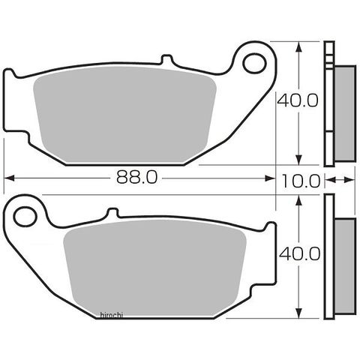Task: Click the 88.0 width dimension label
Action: pos(137,177)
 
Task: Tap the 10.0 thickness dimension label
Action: pos(301,181)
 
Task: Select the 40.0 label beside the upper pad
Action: pos(298,100)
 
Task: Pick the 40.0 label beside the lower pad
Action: pos(299,253)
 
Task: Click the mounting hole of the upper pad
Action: pos(255,64)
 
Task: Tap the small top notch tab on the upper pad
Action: pos(167,59)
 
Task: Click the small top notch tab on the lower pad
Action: pos(112,212)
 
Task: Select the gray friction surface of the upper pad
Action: pos(124,115)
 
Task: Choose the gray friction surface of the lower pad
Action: pos(155,268)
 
